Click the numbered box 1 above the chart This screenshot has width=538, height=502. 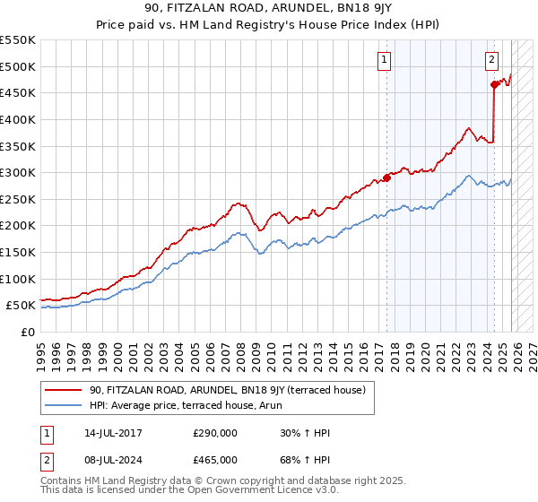pyautogui.click(x=384, y=60)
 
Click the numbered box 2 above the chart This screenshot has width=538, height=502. pyautogui.click(x=492, y=60)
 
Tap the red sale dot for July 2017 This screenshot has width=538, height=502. pyautogui.click(x=387, y=177)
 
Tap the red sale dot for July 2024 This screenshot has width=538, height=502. pyautogui.click(x=494, y=85)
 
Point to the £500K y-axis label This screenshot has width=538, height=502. pyautogui.click(x=18, y=66)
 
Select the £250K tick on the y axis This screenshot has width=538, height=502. pyautogui.click(x=18, y=199)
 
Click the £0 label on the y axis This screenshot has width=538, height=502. pyautogui.click(x=28, y=332)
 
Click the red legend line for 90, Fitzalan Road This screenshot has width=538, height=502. pyautogui.click(x=64, y=390)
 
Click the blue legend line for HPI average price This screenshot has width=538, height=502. pyautogui.click(x=64, y=405)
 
